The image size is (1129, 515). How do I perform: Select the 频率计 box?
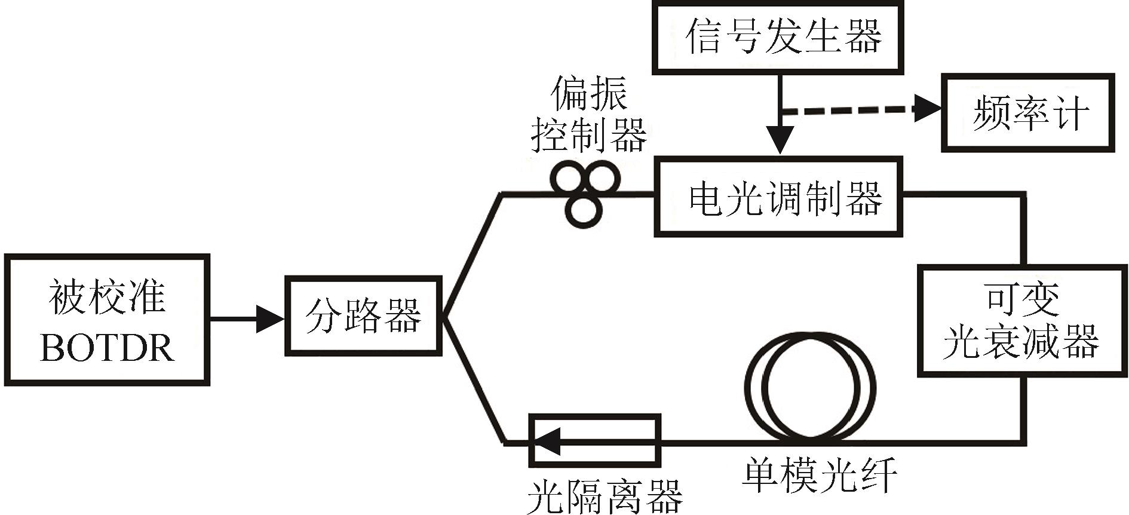1027,112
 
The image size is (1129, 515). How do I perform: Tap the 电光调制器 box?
778,197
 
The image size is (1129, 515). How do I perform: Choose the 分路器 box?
363,315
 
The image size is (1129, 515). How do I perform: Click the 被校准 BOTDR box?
107,320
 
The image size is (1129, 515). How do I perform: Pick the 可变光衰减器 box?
1021,321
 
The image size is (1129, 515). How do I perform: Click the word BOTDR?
107,347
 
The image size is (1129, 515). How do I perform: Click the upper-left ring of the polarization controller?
567,179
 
